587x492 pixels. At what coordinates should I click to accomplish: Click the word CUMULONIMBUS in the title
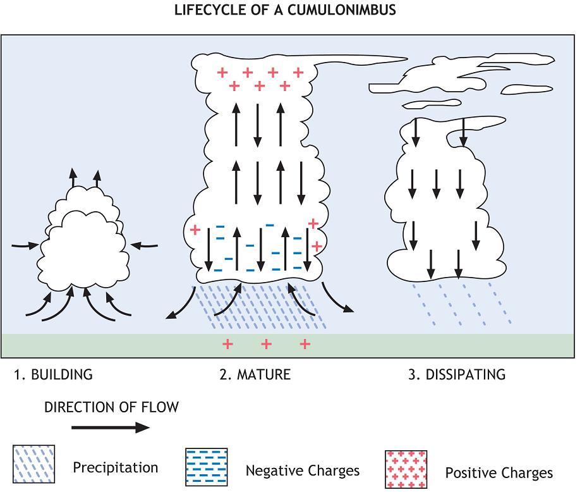pyautogui.click(x=342, y=11)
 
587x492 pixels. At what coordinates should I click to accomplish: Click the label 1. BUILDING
pyautogui.click(x=53, y=374)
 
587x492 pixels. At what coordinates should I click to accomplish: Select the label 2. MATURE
pyautogui.click(x=255, y=374)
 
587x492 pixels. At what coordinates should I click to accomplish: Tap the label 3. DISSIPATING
pyautogui.click(x=457, y=374)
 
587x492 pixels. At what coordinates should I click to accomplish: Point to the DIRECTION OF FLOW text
pyautogui.click(x=111, y=407)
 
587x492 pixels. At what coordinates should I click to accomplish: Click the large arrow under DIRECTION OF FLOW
pyautogui.click(x=111, y=428)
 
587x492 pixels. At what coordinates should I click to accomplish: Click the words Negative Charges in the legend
pyautogui.click(x=302, y=470)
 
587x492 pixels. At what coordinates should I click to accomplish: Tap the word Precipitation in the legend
pyautogui.click(x=115, y=468)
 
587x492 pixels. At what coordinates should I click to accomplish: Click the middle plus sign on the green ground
pyautogui.click(x=266, y=344)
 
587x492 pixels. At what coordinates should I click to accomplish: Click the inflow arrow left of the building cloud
pyautogui.click(x=25, y=244)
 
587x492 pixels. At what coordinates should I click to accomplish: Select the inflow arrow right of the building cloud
pyautogui.click(x=143, y=244)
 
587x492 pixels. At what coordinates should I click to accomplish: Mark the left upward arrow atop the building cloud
pyautogui.click(x=73, y=176)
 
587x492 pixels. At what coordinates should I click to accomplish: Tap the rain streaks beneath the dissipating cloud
pyautogui.click(x=462, y=304)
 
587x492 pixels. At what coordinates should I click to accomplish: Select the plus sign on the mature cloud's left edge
pyautogui.click(x=195, y=229)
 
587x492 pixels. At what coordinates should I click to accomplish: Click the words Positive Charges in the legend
pyautogui.click(x=499, y=473)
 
